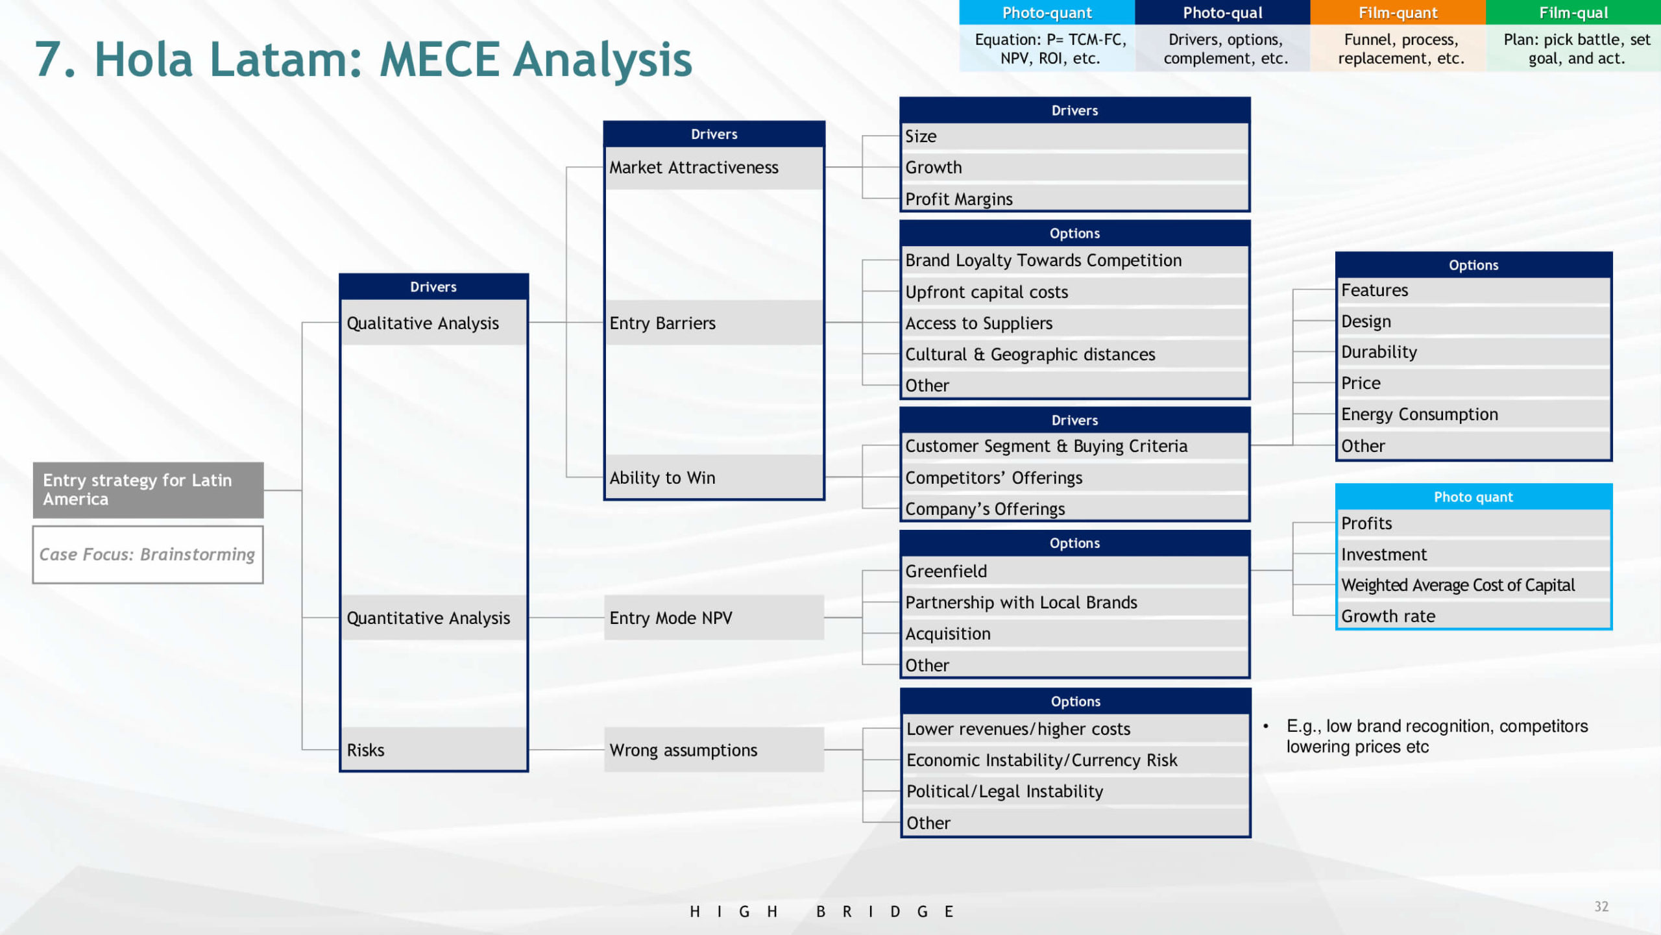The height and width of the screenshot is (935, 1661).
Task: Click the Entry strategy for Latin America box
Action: [x=148, y=490]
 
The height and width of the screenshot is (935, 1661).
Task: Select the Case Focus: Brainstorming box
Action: [x=148, y=555]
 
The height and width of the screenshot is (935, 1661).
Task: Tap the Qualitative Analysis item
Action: [x=433, y=323]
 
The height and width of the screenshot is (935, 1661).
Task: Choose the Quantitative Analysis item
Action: [x=433, y=617]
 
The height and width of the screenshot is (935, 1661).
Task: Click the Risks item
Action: [x=433, y=749]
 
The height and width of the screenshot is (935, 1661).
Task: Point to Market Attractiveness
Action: [x=714, y=168]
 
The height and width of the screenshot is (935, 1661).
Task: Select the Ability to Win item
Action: [x=714, y=477]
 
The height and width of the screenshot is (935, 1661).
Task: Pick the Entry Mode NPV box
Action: [x=714, y=617]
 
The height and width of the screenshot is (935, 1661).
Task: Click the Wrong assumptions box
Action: [x=714, y=749]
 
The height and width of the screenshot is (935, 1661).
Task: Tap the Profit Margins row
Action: [x=1075, y=199]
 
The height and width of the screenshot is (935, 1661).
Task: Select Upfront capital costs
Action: [x=1075, y=292]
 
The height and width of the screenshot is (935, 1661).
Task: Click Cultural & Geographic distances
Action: [x=1075, y=354]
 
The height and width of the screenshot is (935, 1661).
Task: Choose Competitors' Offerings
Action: [x=1075, y=477]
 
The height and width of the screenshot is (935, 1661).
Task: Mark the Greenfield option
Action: [x=1075, y=571]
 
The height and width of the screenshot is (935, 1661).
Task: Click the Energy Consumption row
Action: [x=1473, y=414]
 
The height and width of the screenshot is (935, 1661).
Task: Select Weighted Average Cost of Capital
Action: [x=1473, y=585]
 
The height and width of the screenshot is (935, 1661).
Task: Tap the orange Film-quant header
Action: [x=1398, y=12]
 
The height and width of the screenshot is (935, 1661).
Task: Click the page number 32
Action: [x=1601, y=906]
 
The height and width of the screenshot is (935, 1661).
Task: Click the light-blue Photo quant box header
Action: [x=1473, y=497]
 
